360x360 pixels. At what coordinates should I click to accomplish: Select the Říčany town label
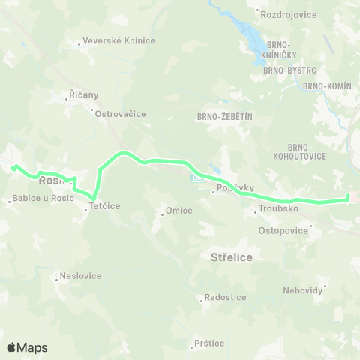[x=83, y=95]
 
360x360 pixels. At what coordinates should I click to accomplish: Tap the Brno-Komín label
[x=327, y=86]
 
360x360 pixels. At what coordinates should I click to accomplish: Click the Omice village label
[x=178, y=211]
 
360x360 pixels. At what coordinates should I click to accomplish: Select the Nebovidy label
[x=303, y=290]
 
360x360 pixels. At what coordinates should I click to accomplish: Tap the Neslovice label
[x=82, y=275]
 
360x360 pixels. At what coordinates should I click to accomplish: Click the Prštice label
[x=208, y=343]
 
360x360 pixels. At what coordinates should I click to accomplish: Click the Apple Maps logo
[x=27, y=347]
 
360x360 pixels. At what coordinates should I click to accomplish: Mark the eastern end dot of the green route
[x=348, y=198]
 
